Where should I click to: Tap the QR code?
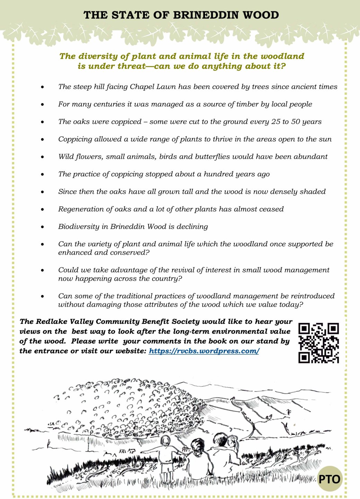[318, 343]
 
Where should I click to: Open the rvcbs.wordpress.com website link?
[204, 351]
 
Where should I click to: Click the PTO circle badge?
[330, 479]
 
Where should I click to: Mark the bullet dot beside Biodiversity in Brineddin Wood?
[43, 227]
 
